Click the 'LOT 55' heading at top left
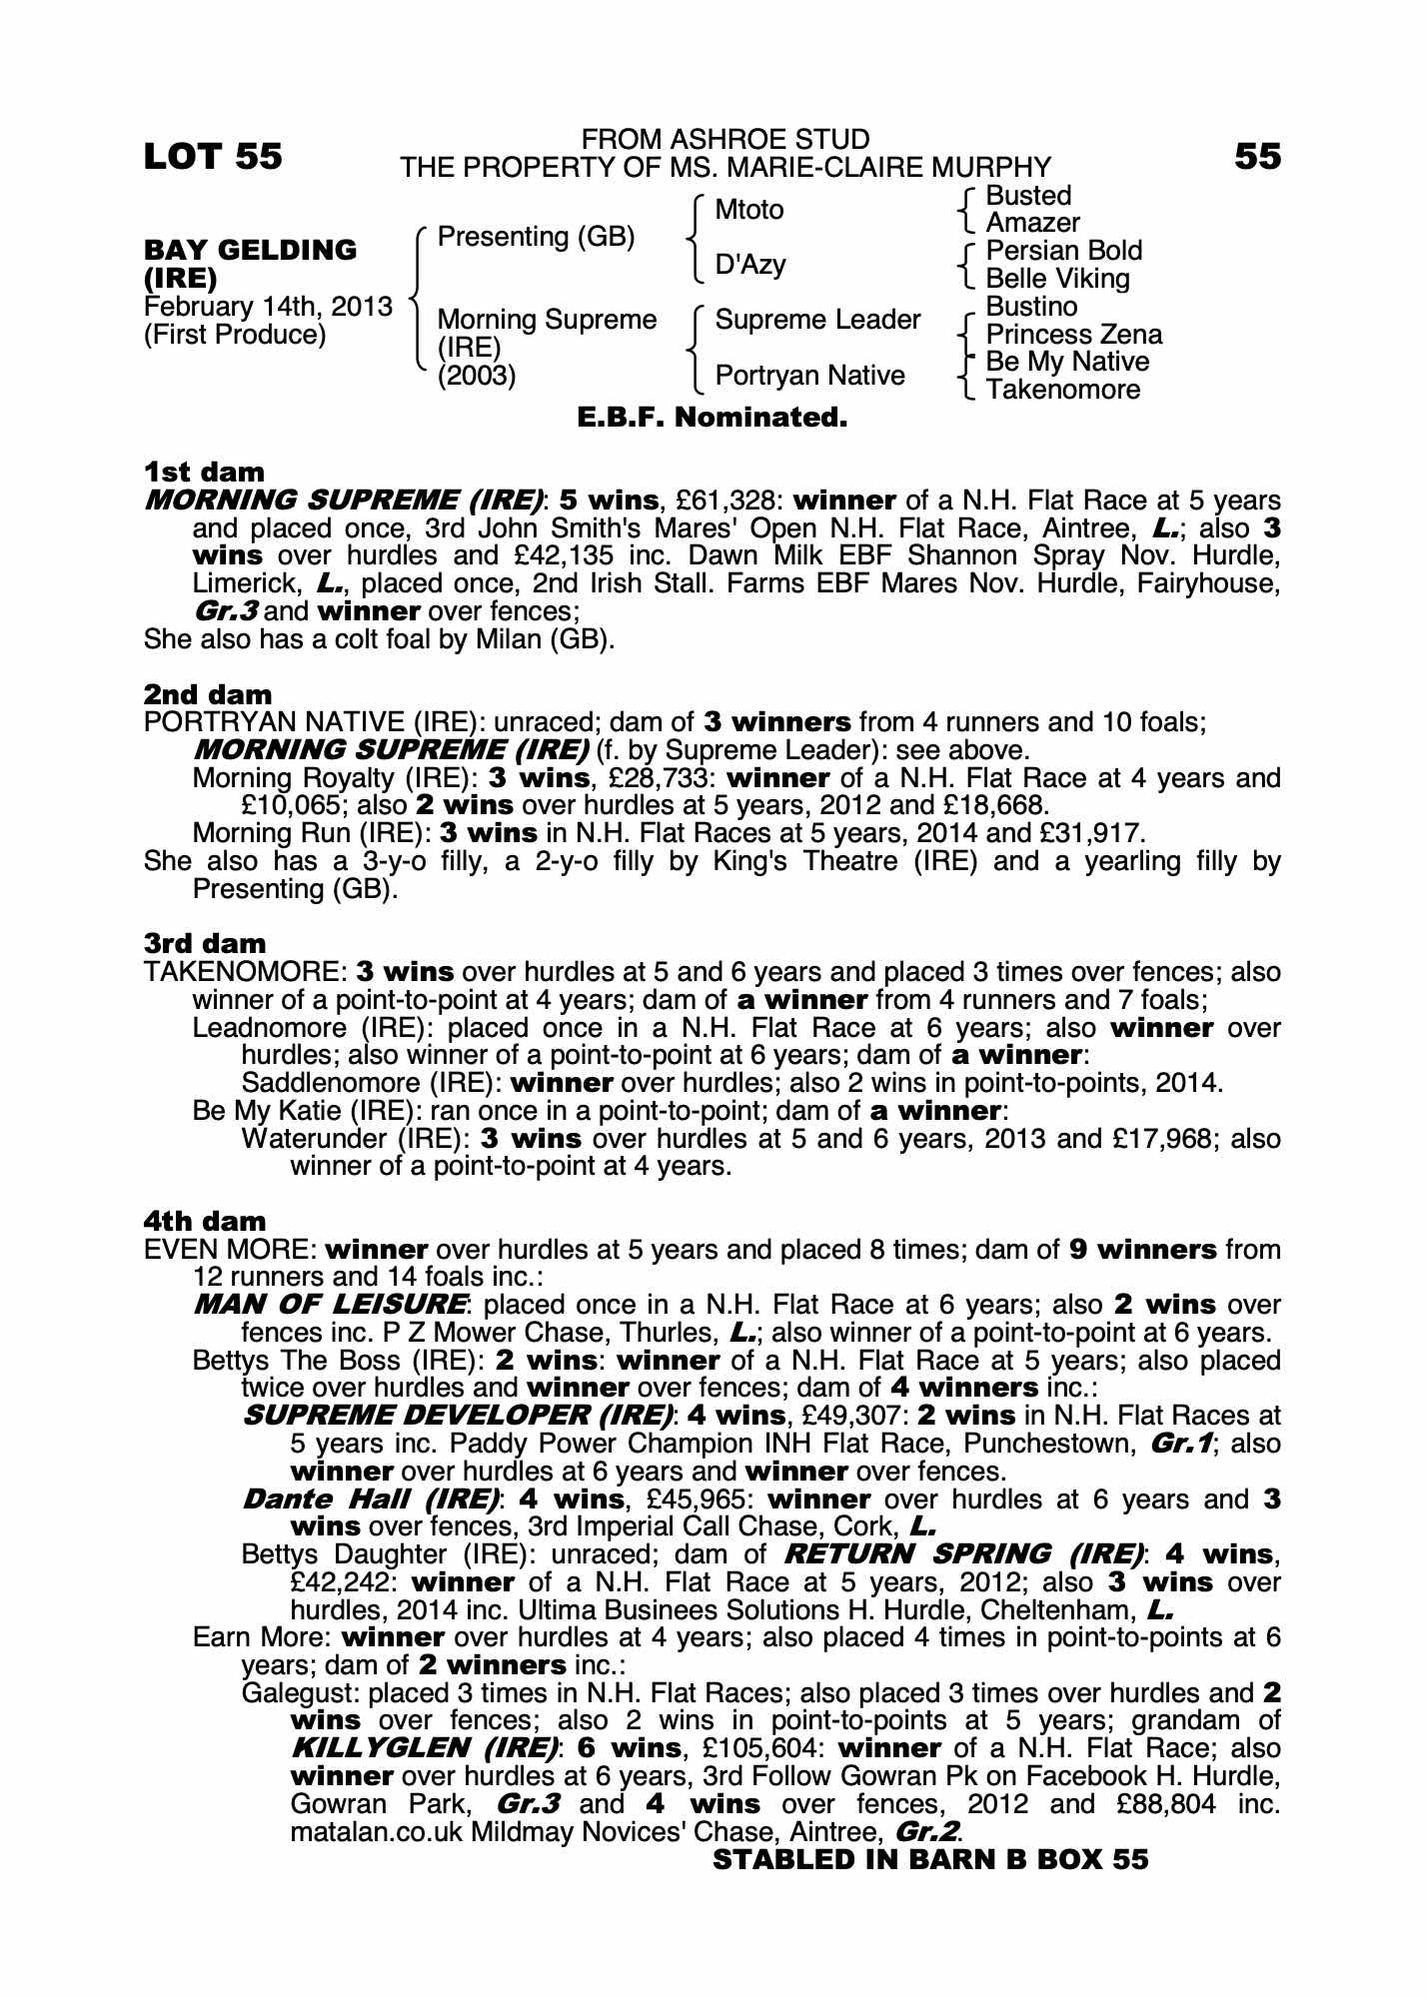pyautogui.click(x=213, y=157)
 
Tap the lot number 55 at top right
pyautogui.click(x=1256, y=157)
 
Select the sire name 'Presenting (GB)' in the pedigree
pyautogui.click(x=536, y=238)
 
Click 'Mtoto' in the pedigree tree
pyautogui.click(x=749, y=210)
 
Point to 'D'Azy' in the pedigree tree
pyautogui.click(x=750, y=265)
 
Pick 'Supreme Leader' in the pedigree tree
pyautogui.click(x=817, y=320)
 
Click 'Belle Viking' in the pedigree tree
pyautogui.click(x=1057, y=279)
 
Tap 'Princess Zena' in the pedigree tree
pyautogui.click(x=1073, y=335)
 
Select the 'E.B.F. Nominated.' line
pyautogui.click(x=713, y=418)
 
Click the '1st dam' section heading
pyautogui.click(x=205, y=472)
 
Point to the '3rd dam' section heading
pyautogui.click(x=205, y=944)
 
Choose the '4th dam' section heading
pyautogui.click(x=205, y=1221)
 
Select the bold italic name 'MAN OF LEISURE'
pyautogui.click(x=330, y=1305)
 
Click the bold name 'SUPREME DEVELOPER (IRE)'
pyautogui.click(x=458, y=1416)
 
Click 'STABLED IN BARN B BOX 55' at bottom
pyautogui.click(x=930, y=1860)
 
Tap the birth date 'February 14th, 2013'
pyautogui.click(x=268, y=307)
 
